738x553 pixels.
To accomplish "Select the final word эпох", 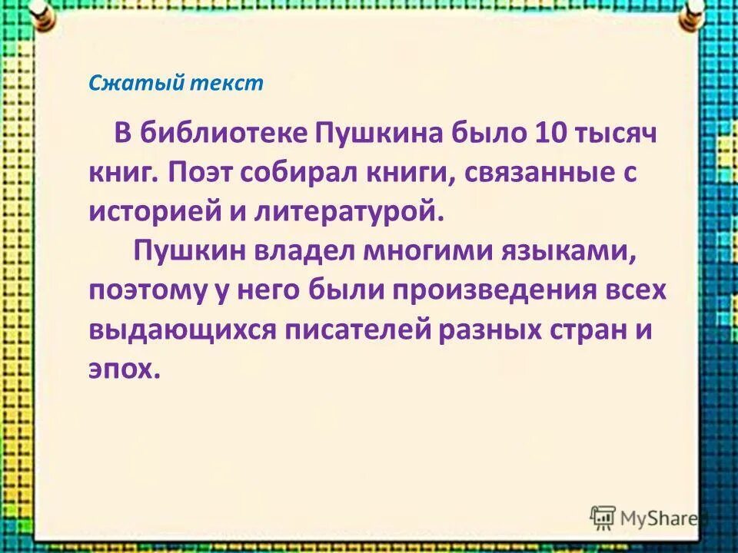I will (124, 369).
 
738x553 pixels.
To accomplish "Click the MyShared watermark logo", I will (645, 518).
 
